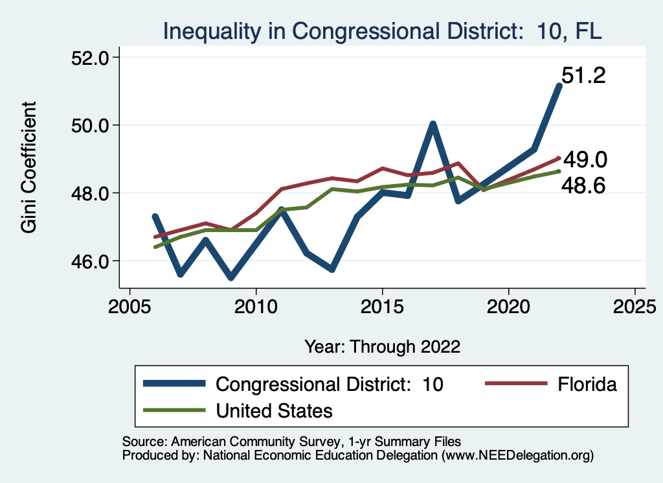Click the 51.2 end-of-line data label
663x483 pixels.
[x=583, y=76]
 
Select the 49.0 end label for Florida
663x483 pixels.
[x=585, y=159]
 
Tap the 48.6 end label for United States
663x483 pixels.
[x=583, y=187]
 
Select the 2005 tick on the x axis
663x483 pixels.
[x=130, y=305]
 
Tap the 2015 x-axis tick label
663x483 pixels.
[x=383, y=305]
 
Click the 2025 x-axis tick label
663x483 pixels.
[x=635, y=305]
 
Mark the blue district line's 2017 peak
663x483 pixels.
[x=433, y=124]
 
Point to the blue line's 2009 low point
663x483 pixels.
[x=231, y=277]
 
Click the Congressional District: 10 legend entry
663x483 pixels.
[x=294, y=384]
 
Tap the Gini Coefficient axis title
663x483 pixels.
[x=29, y=167]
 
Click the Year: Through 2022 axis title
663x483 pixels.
[x=382, y=346]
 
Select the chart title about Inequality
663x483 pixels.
[x=382, y=30]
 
